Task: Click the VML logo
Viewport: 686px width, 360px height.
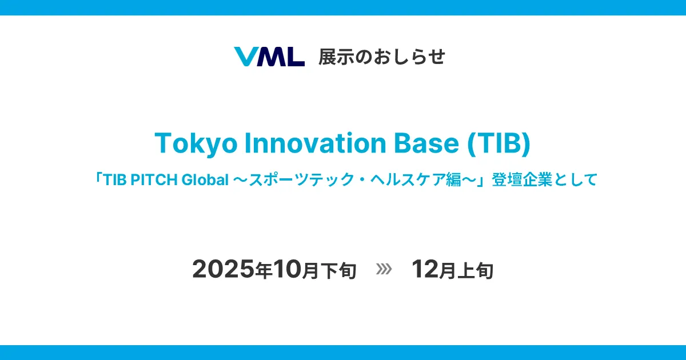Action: [269, 57]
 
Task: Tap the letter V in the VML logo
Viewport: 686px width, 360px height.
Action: [246, 57]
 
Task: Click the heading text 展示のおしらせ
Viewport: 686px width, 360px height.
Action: [382, 57]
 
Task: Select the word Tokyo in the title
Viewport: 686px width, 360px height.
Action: [196, 143]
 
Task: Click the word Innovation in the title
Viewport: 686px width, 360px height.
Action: [315, 143]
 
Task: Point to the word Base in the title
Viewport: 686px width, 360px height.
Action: [426, 143]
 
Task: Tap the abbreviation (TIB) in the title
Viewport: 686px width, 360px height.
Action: [499, 143]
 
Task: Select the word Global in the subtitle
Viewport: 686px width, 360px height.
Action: [205, 179]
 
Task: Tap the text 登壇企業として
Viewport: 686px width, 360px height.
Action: [544, 179]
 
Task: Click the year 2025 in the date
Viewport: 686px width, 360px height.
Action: [224, 269]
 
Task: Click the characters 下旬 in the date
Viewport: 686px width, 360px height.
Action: [338, 271]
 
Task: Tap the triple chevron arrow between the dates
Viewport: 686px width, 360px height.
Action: [384, 269]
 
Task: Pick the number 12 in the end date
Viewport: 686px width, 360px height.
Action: [425, 269]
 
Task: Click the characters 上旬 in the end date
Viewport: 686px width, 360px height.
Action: [475, 271]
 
